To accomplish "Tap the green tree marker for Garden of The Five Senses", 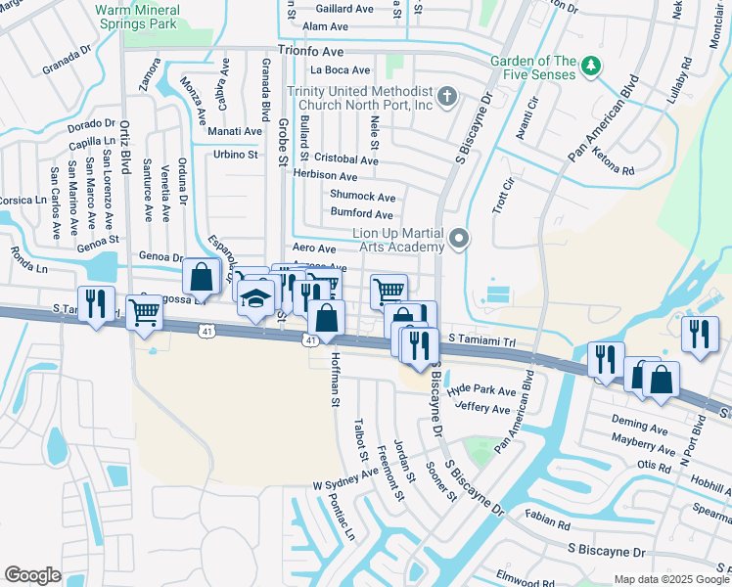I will coord(590,66).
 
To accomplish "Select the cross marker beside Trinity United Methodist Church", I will coord(447,96).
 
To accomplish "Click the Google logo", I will coord(32,575).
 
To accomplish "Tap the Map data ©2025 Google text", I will coord(670,579).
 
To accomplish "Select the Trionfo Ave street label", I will coord(311,49).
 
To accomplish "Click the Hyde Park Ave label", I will coord(480,389).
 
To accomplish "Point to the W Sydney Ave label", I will coord(345,478).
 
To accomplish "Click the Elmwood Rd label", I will coord(526,576).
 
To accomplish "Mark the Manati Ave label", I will coord(235,131).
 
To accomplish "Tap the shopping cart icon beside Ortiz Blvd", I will coord(145,313).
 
